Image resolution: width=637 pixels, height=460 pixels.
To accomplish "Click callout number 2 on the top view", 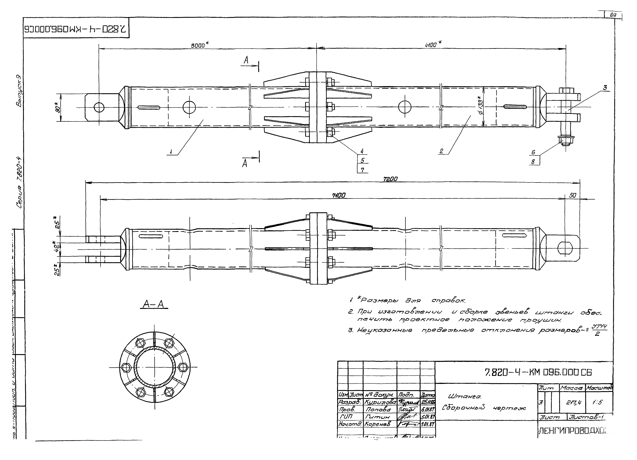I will click(441, 151).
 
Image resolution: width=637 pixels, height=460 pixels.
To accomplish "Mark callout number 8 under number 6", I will click(533, 162).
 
